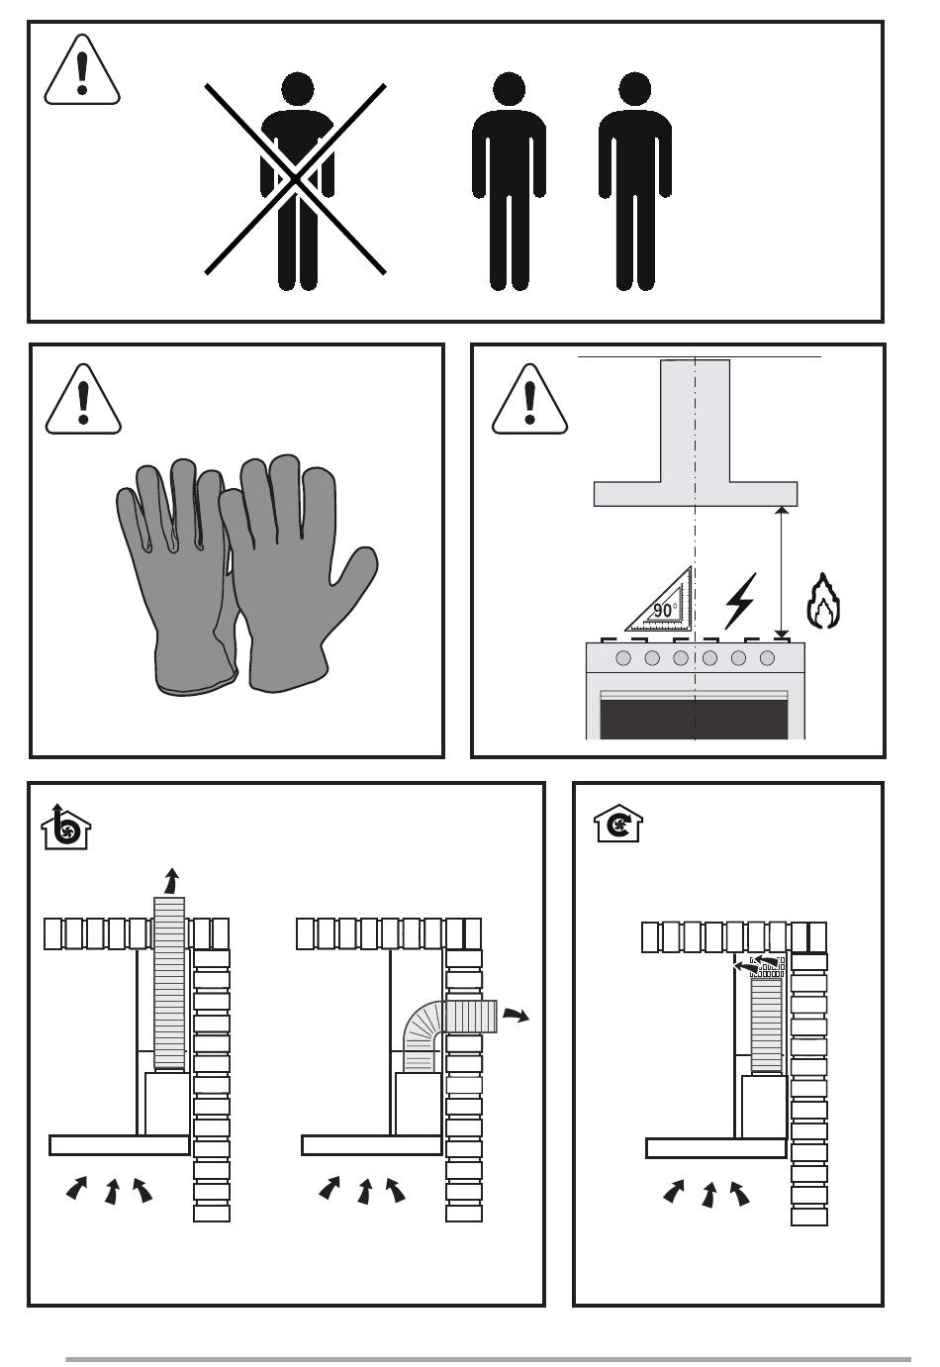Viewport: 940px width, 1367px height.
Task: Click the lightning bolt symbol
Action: point(740,601)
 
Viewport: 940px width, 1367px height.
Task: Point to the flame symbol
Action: point(823,601)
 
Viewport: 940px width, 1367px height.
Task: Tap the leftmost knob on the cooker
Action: point(622,658)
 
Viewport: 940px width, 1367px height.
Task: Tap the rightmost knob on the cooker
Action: point(768,658)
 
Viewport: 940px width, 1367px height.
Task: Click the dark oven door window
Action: point(695,719)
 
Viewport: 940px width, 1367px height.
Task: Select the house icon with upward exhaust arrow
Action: point(66,827)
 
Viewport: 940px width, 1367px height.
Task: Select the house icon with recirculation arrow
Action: point(618,823)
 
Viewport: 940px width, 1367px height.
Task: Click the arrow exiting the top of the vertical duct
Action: point(172,881)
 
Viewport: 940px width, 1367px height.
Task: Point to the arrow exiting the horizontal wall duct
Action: point(516,1015)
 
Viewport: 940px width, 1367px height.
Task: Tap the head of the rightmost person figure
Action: point(634,88)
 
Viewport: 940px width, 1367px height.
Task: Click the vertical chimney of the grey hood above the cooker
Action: point(695,421)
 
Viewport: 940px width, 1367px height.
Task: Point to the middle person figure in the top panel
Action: point(509,180)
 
